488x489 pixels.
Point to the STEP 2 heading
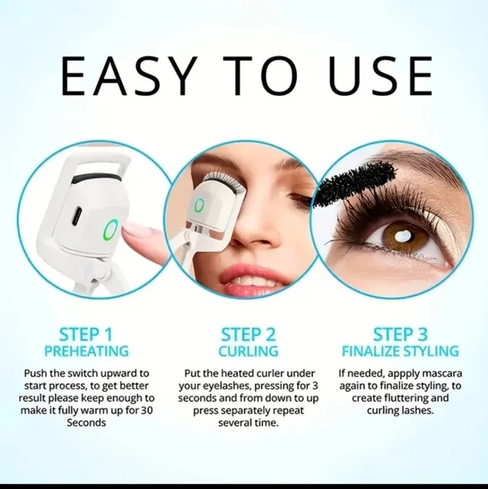[247, 334]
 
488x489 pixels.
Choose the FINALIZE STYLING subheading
[400, 351]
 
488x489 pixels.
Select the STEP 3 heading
[400, 334]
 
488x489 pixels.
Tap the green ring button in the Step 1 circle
[110, 229]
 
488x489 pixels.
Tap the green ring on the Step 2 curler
[199, 205]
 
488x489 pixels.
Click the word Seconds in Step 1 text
[87, 423]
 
